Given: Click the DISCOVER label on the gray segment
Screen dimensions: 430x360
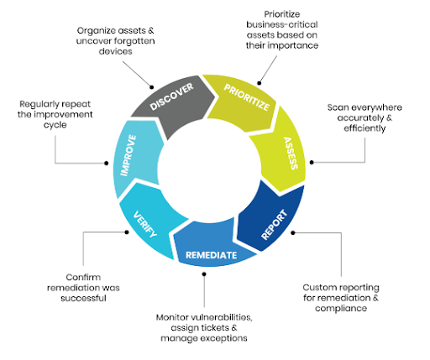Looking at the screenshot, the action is click(171, 97).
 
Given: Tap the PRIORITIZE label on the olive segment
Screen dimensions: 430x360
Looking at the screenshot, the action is click(247, 97).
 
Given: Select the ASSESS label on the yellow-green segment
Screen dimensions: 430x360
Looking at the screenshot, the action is click(291, 154).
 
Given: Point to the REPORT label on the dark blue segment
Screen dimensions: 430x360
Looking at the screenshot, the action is click(275, 225).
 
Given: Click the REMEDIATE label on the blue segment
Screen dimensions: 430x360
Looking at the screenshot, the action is click(212, 255).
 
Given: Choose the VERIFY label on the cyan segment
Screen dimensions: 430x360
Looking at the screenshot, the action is click(144, 224).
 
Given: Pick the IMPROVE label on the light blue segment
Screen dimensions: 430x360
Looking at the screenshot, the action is click(128, 155).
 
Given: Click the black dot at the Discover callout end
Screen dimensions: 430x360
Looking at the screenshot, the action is click(152, 87).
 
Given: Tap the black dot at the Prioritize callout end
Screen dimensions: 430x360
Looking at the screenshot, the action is click(260, 83).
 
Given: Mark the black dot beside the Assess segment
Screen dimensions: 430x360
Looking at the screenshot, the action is click(312, 162).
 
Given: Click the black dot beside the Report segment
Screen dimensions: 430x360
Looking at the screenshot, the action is click(293, 232).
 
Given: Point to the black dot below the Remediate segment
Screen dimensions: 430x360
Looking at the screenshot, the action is click(204, 274).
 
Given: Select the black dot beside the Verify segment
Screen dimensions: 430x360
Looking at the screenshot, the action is click(127, 232).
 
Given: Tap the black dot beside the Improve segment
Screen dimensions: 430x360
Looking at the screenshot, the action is click(107, 163).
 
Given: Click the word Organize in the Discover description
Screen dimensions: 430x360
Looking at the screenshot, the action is click(97, 31).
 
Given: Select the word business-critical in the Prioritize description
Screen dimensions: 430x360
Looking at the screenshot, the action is click(282, 24).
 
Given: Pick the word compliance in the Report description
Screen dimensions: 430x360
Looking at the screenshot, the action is click(341, 308).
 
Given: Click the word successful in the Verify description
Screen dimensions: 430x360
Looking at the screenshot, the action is click(83, 298).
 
